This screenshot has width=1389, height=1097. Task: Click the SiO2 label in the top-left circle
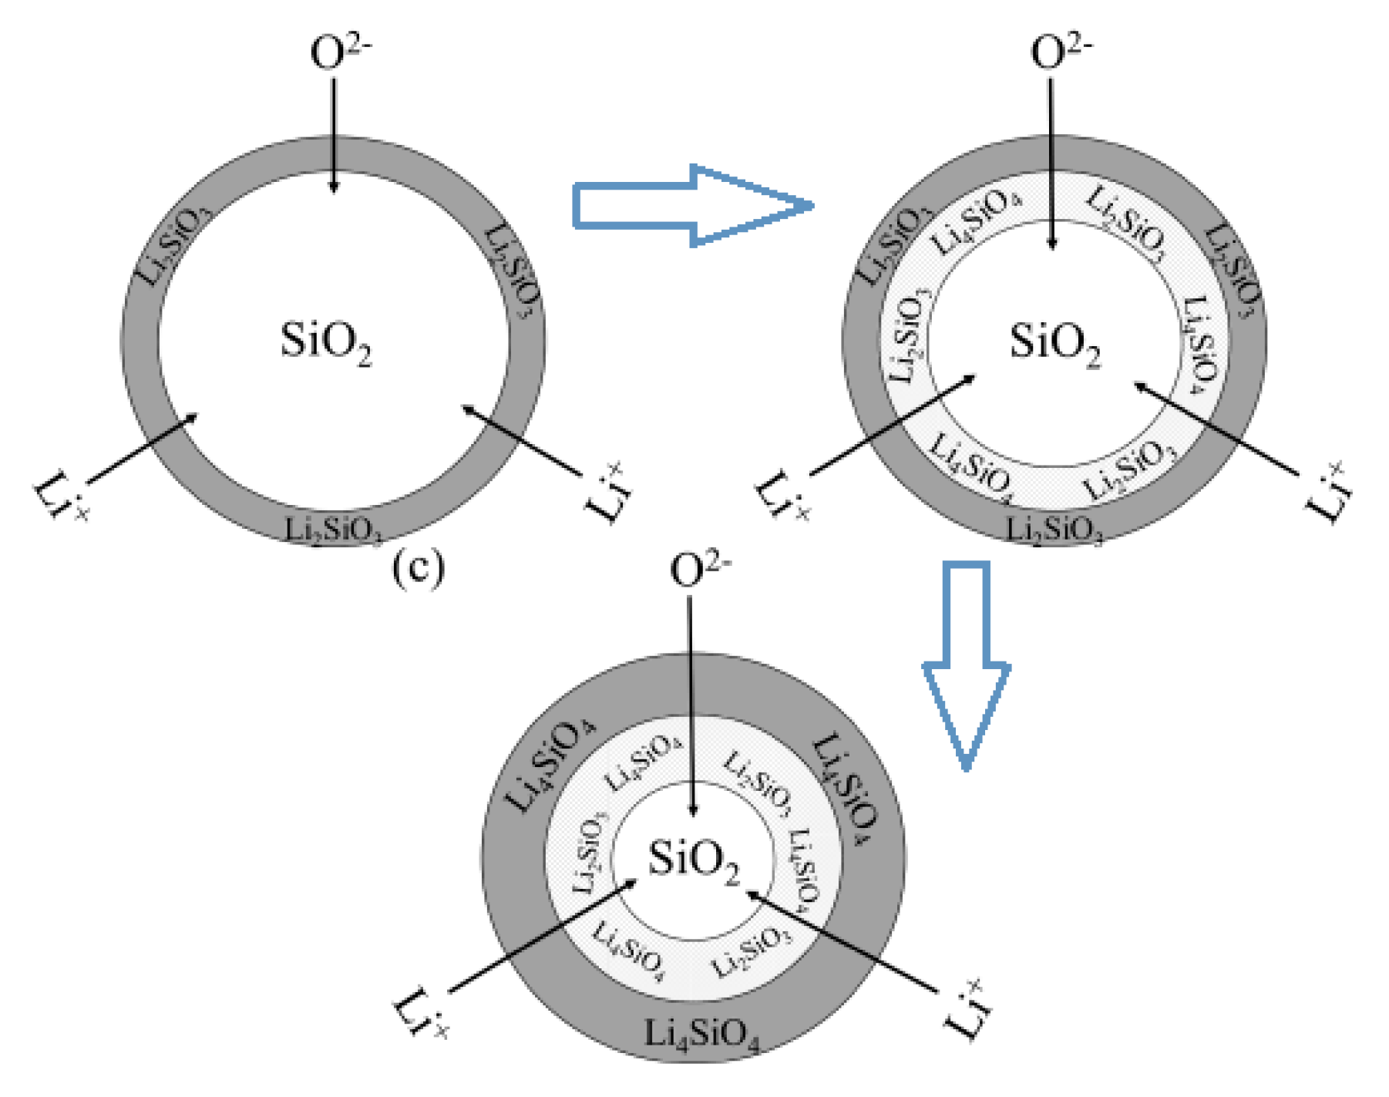coord(325,342)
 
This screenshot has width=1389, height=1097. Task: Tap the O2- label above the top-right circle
coord(1061,52)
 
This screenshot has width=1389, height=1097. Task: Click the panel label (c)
coord(419,568)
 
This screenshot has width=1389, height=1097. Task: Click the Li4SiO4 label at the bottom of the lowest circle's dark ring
coord(701,1035)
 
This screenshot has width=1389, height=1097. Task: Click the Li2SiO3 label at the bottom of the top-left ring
coord(333,530)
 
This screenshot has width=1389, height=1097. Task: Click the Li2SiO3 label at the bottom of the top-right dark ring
coord(1054,530)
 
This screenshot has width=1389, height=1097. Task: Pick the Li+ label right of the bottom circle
coord(966,1009)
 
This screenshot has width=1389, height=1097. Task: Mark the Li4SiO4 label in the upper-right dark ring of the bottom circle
coord(846,788)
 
